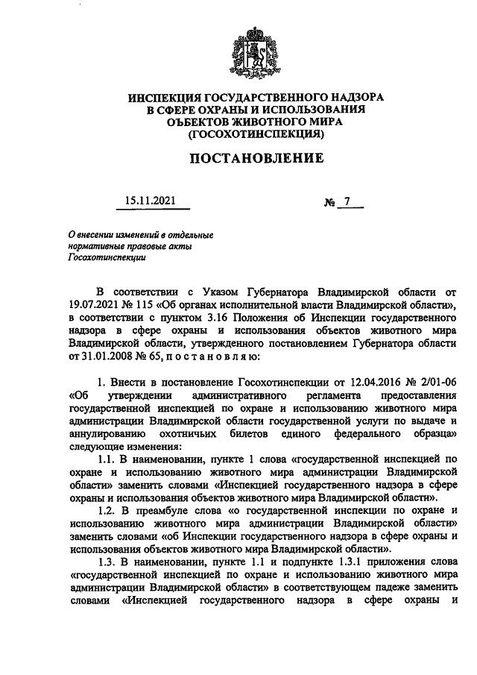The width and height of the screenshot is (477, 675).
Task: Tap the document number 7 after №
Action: click(347, 201)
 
